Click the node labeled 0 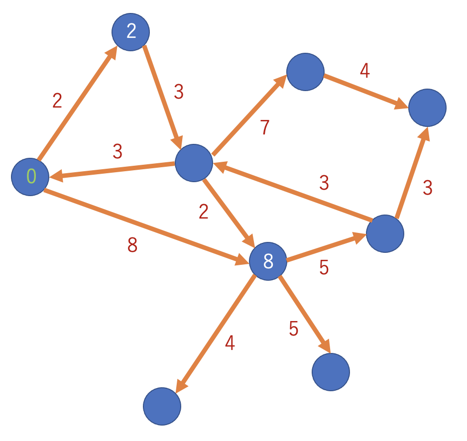coord(30,177)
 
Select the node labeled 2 coord(131,32)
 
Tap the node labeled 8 coord(268,261)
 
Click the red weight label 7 coord(265,127)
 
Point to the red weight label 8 coord(132,245)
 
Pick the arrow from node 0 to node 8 coord(146,226)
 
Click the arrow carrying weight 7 coord(249,114)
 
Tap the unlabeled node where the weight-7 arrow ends coord(305,72)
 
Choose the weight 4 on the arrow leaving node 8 coord(230,342)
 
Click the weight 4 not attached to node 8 coord(365,71)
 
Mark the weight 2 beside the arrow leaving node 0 coord(57,101)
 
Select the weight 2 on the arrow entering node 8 coord(204,212)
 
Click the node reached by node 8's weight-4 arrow coord(162,406)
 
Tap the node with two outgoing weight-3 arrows coord(385,234)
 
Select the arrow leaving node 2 coord(163,97)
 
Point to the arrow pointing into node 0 coord(112,170)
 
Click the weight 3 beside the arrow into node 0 coord(117,151)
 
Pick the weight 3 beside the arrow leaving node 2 coord(179,92)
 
